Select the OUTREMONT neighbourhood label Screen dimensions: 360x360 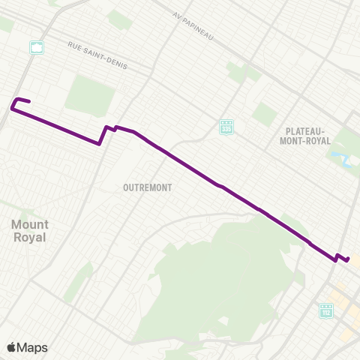(x=148, y=187)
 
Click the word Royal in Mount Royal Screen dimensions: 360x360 (x=30, y=238)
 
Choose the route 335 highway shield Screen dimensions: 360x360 (x=226, y=127)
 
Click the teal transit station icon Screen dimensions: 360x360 (x=36, y=48)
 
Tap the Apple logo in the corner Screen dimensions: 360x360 (x=11, y=347)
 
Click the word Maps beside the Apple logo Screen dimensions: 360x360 (x=32, y=347)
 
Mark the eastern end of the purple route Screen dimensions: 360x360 (x=348, y=259)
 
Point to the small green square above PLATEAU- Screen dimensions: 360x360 (x=264, y=113)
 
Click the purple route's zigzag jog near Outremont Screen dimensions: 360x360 (x=106, y=130)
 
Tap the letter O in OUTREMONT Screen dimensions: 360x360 (x=126, y=187)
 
